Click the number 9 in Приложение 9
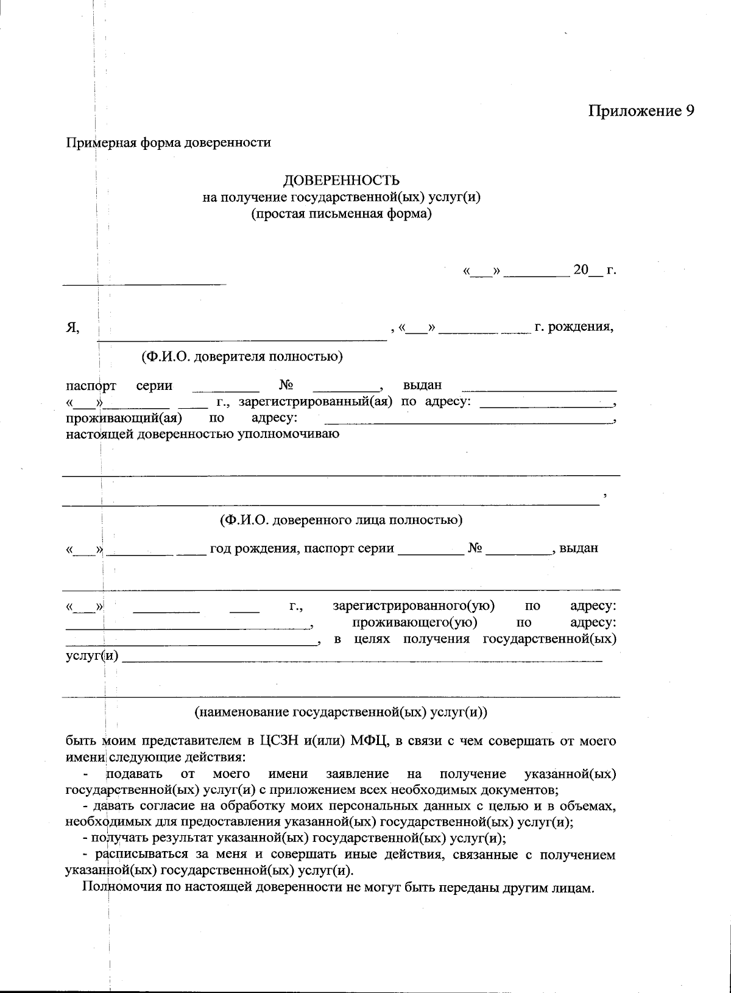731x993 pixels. (689, 111)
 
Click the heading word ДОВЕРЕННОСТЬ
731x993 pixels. (342, 180)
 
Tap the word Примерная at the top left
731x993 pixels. (93, 143)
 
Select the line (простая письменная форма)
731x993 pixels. (342, 214)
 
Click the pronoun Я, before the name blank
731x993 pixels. (72, 328)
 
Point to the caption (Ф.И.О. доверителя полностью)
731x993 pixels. (242, 356)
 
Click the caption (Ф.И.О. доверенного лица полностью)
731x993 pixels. (341, 520)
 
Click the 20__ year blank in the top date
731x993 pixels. (587, 270)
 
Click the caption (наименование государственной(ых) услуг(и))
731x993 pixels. (341, 712)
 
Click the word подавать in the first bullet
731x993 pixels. (134, 774)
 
